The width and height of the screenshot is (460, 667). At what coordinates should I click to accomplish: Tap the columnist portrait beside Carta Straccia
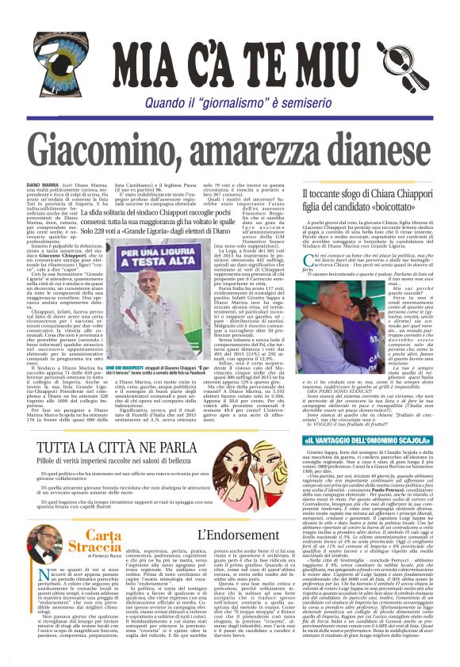[x=48, y=550]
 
